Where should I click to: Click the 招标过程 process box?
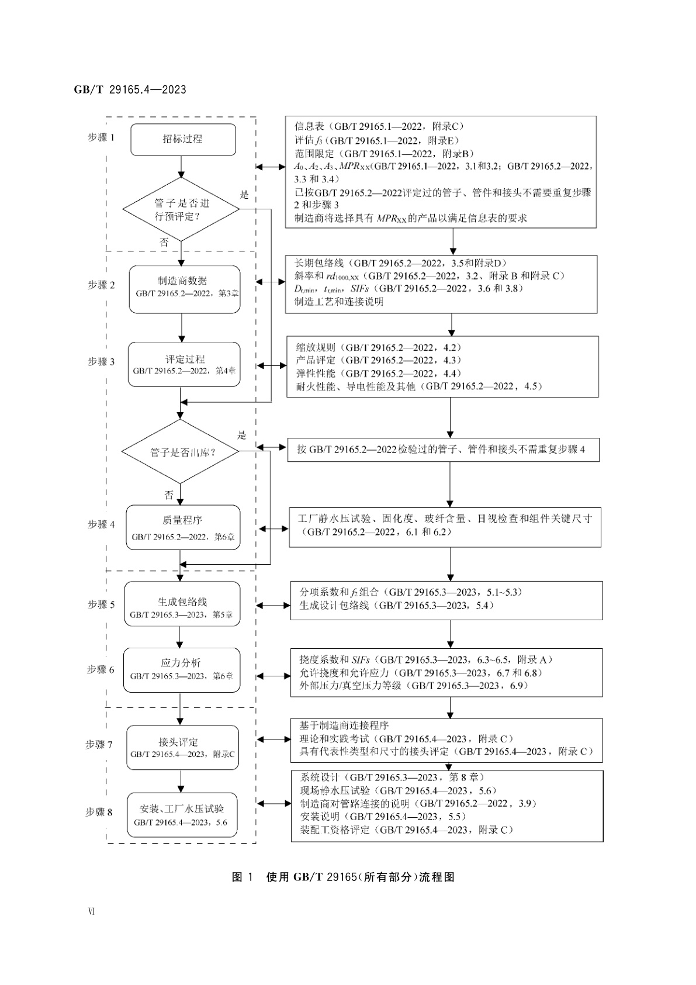182,139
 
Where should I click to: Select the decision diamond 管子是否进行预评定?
182,209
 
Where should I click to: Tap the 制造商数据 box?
185,289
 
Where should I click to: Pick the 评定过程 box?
184,364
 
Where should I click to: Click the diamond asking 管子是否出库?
180,452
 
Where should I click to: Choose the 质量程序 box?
183,527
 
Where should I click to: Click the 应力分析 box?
181,669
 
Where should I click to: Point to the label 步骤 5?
102,604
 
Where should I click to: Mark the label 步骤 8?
99,812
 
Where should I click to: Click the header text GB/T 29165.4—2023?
130,89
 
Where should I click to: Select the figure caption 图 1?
242,877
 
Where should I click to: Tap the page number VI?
91,911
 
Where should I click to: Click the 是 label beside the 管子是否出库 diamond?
242,435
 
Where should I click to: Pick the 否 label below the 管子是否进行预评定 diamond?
164,242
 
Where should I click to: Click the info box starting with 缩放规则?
442,367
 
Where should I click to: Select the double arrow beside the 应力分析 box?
273,676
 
